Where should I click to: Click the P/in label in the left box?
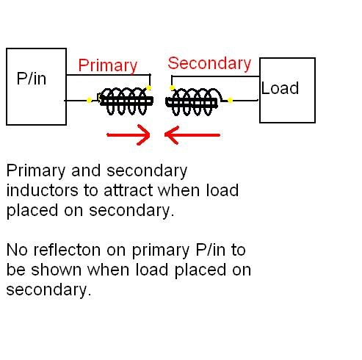tap(32, 79)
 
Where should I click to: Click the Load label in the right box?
tap(280, 88)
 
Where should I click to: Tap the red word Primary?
tap(108, 66)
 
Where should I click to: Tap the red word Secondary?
tap(209, 64)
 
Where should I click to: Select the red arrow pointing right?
tap(128, 134)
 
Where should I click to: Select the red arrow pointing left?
tap(192, 134)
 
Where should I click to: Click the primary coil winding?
tap(126, 101)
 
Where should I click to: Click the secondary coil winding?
tap(193, 101)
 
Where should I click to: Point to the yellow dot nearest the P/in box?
tap(89, 100)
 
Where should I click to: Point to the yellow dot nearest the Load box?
tap(230, 100)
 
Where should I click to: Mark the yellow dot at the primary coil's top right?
tap(148, 88)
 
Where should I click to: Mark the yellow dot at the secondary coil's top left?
tap(172, 88)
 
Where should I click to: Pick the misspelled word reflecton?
tap(67, 250)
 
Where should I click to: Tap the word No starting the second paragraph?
tap(17, 250)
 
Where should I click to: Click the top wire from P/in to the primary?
tap(109, 75)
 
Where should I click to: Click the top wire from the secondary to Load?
tap(216, 76)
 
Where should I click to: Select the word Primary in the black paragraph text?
tap(36, 171)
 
